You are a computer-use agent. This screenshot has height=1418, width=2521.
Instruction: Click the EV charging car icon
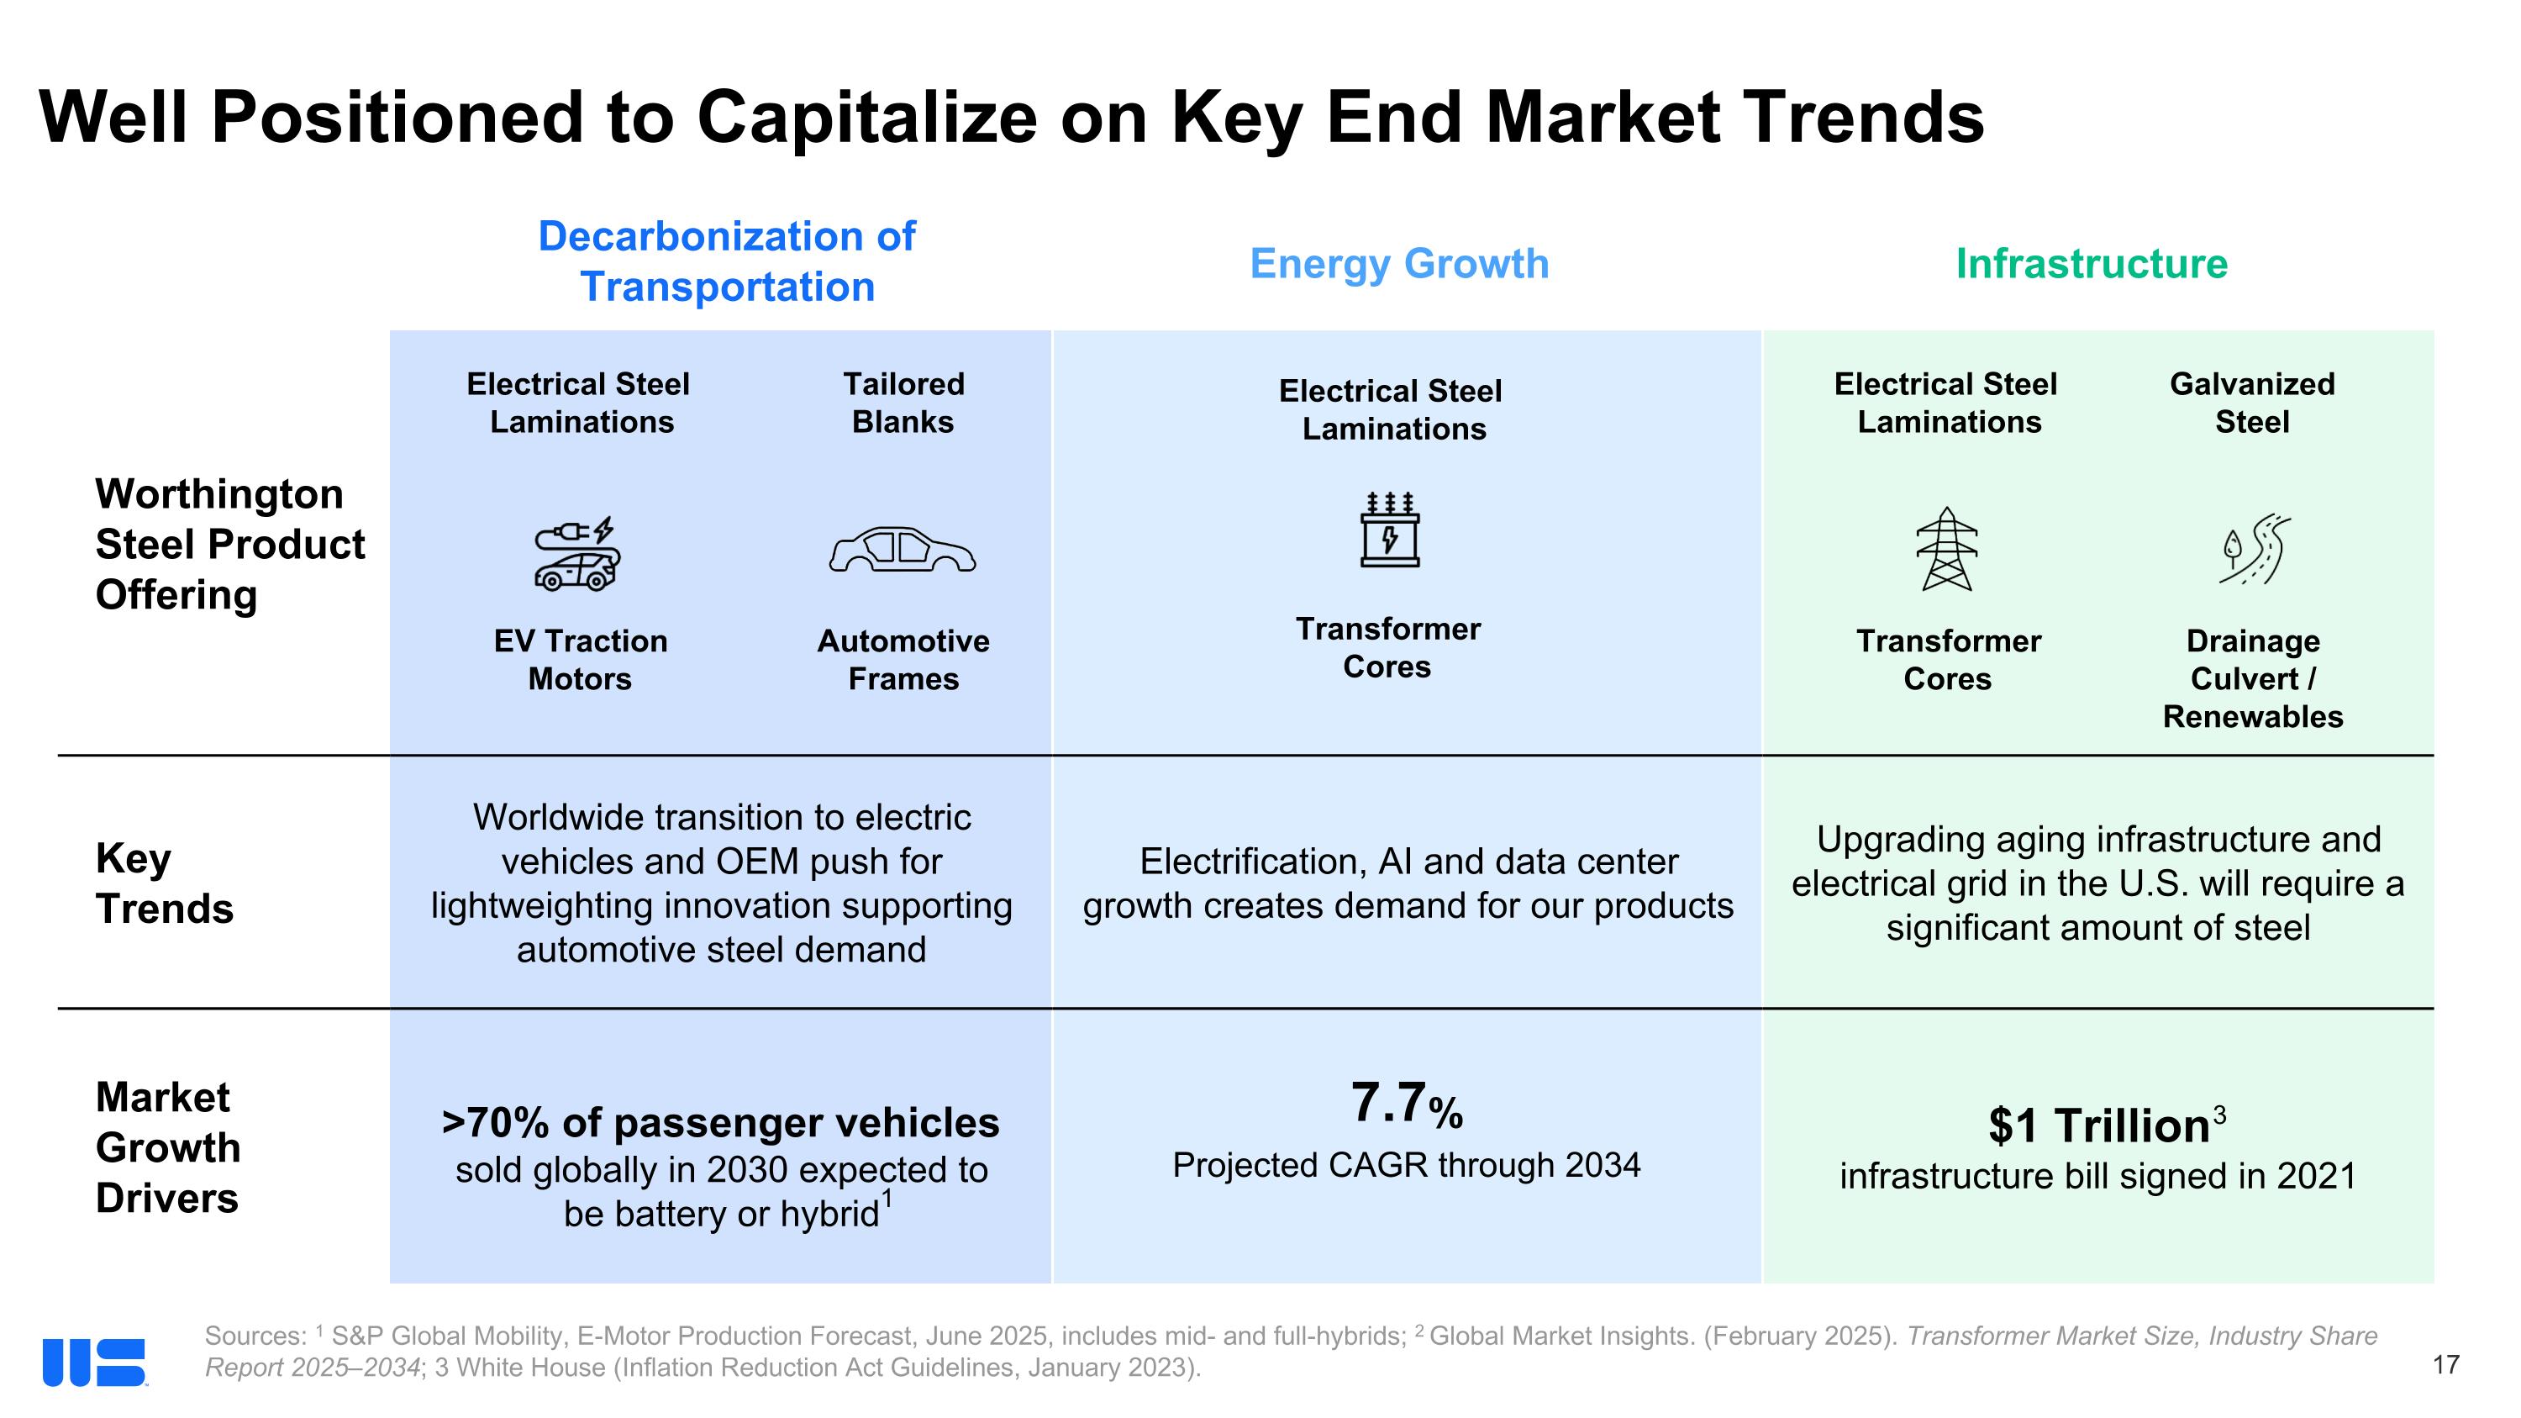click(577, 554)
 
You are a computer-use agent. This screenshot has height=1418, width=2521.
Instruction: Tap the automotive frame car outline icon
click(903, 550)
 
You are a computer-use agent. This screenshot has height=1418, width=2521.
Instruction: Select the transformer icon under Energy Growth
click(1390, 530)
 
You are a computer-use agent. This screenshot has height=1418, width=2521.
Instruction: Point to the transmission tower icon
click(1946, 549)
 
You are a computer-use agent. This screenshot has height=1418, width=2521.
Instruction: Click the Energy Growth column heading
click(1399, 263)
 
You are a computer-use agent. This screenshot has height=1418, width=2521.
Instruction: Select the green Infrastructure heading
click(2092, 263)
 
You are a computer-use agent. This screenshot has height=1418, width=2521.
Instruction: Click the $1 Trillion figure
click(2098, 1125)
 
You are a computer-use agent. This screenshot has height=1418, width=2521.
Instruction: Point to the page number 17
click(2445, 1364)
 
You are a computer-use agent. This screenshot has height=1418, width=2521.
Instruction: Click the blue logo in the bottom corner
click(94, 1363)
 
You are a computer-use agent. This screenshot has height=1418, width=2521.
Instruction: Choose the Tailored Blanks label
click(903, 403)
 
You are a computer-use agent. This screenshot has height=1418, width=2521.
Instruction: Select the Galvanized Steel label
click(2252, 403)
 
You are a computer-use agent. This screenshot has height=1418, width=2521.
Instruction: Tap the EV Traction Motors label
click(581, 660)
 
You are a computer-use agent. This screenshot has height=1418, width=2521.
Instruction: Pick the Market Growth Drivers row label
click(167, 1147)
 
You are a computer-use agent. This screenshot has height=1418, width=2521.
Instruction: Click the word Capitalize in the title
click(866, 118)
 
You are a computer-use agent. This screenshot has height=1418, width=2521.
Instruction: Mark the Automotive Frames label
click(903, 660)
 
